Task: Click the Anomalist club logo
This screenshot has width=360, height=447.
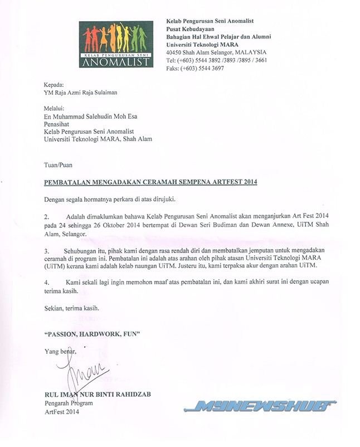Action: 116,44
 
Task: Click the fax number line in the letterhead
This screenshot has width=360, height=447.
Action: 195,68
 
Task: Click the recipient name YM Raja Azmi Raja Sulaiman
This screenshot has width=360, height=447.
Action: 81,93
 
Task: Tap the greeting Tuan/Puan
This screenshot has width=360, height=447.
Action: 58,164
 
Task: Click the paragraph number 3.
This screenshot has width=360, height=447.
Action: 46,251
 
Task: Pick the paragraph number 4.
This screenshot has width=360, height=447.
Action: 46,282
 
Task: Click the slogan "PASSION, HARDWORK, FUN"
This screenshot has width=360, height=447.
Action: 91,333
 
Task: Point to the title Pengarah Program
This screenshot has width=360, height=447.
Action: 67,404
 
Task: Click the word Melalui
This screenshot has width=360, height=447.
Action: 54,108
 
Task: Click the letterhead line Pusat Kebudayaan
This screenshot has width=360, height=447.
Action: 193,28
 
